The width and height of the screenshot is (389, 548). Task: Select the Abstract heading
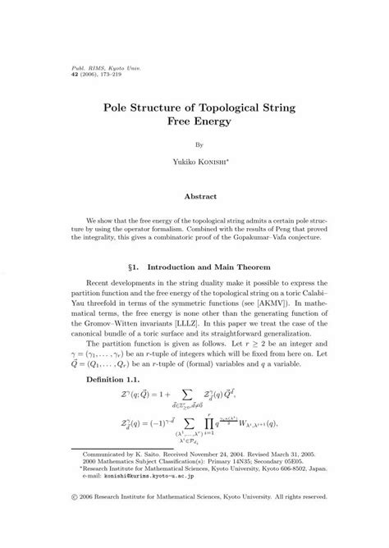[194, 197]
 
